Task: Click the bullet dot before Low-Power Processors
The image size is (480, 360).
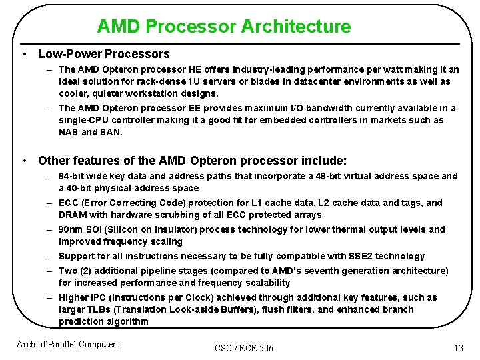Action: tap(24, 54)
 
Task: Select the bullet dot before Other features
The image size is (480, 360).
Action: tap(24, 161)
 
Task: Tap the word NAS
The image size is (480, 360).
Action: tap(69, 132)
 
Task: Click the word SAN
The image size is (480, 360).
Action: tap(111, 132)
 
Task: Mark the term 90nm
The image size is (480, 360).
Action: tap(71, 229)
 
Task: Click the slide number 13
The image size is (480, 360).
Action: tap(458, 348)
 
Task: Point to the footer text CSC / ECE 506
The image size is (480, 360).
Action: tap(244, 348)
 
